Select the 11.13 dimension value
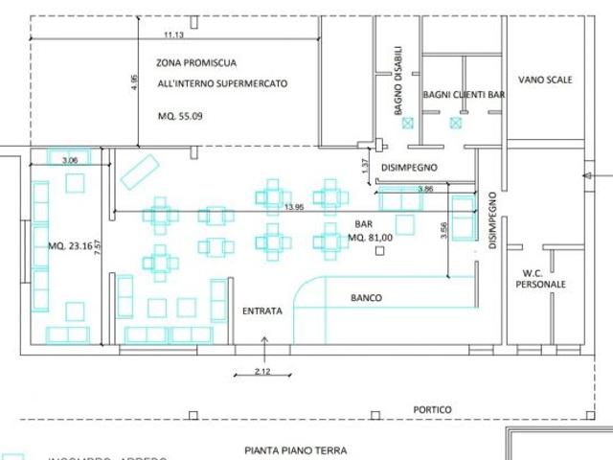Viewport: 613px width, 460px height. coord(173,34)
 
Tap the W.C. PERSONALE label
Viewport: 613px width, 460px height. coord(541,278)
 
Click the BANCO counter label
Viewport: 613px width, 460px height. coord(365,298)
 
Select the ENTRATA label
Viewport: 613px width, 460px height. coord(261,311)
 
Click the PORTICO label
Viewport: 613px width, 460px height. coord(434,410)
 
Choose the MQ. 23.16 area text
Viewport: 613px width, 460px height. coord(68,245)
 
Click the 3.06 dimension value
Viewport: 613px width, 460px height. coord(69,160)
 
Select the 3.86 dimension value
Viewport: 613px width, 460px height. coord(425,189)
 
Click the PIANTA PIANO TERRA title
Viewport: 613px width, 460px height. coord(295,449)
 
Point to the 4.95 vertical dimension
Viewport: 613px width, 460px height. coord(135,83)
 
